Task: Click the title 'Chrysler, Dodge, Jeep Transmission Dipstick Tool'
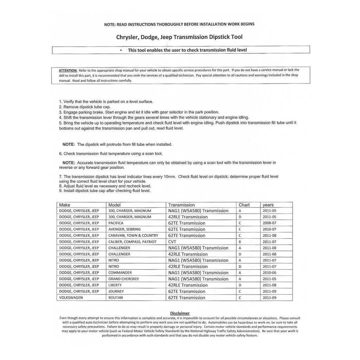179,37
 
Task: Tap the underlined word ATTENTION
68,70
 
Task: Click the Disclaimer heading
180,313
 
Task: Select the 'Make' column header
65,205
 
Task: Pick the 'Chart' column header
244,205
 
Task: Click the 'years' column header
268,205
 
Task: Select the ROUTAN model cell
116,298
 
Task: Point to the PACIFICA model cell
116,223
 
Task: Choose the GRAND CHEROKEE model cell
124,279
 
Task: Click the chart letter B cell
240,242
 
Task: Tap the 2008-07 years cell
270,223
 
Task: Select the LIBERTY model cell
115,285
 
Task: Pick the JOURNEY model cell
116,291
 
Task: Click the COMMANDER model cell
120,273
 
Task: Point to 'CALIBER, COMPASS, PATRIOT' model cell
132,242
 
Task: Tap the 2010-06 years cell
270,273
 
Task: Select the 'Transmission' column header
181,205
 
